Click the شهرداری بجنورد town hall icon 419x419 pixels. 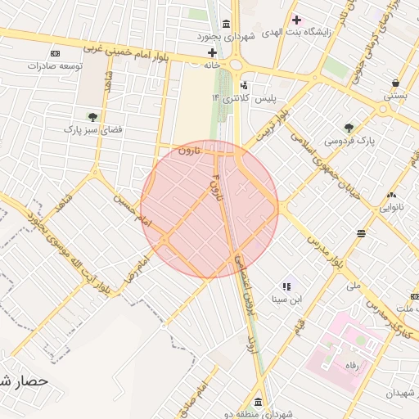(x=226, y=22)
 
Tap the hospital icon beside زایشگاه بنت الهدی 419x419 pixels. (x=296, y=19)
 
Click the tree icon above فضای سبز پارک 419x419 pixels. (x=92, y=116)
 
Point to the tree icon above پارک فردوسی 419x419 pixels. (x=349, y=127)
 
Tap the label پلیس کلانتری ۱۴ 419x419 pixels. (x=245, y=98)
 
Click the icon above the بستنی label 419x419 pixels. (x=396, y=83)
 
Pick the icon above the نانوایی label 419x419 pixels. (x=391, y=195)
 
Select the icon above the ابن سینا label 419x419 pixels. (x=287, y=286)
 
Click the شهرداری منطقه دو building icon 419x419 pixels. (x=259, y=402)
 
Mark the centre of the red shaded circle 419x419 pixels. (x=209, y=209)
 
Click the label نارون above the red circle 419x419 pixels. (x=187, y=150)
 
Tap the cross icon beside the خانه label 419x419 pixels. (x=212, y=53)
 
